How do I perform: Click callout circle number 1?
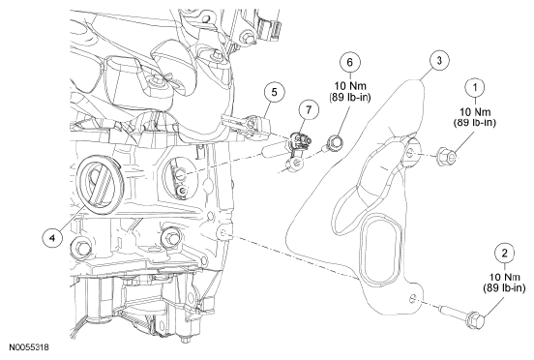[x=475, y=87]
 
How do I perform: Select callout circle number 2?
[x=504, y=253]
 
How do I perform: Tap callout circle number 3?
[x=439, y=61]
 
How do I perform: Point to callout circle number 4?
[x=52, y=238]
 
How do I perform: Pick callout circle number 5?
[x=275, y=92]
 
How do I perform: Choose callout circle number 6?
[x=350, y=62]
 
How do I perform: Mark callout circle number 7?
[x=309, y=110]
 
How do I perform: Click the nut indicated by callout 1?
[x=447, y=157]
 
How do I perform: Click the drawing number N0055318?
[x=29, y=347]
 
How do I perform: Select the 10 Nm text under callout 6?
[x=350, y=86]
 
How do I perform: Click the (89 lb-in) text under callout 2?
[x=504, y=288]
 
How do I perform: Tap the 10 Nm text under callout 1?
[x=475, y=111]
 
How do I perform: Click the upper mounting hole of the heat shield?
[x=410, y=152]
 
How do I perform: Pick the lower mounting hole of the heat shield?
[x=412, y=299]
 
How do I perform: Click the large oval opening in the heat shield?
[x=380, y=249]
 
